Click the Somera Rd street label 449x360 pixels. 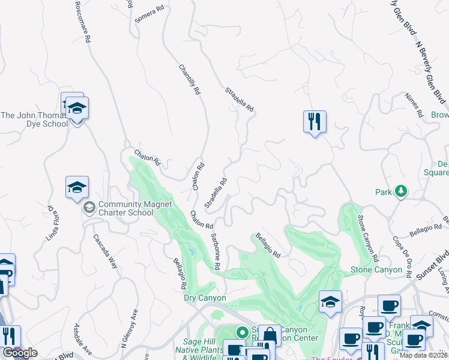(x=149, y=14)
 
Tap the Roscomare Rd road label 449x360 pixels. (x=82, y=22)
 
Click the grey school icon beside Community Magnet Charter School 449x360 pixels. (x=89, y=208)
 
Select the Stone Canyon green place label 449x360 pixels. (x=376, y=270)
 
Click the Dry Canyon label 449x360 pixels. (x=204, y=298)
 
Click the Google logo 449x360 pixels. (x=20, y=353)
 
